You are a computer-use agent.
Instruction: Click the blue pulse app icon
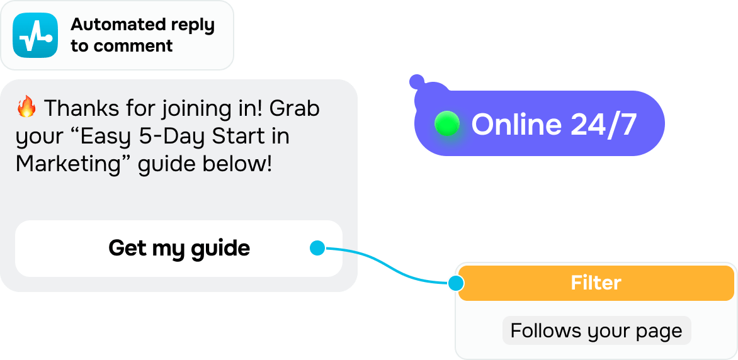35,35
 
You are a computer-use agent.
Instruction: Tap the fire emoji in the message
26,108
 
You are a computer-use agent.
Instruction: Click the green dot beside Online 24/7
447,124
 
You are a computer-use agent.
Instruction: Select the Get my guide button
179,248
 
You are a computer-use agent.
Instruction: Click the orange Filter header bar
596,283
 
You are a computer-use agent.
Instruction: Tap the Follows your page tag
596,330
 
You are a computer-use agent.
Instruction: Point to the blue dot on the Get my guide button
317,249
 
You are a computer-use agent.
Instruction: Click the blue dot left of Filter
455,283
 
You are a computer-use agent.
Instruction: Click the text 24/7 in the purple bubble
604,124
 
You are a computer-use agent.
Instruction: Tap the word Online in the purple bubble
516,124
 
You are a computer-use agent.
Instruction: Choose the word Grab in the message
294,108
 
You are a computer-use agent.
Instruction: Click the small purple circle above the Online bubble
416,81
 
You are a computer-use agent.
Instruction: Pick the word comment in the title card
133,46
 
